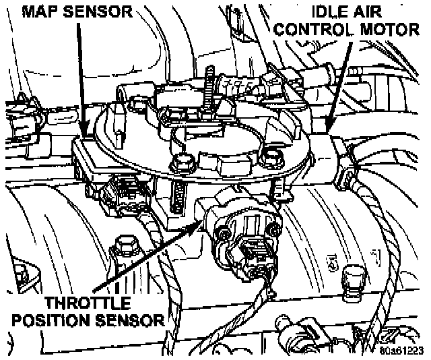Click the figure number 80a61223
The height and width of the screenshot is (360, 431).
click(400, 351)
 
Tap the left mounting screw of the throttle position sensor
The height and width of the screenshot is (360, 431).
click(220, 234)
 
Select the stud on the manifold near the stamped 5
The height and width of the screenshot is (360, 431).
click(351, 276)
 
